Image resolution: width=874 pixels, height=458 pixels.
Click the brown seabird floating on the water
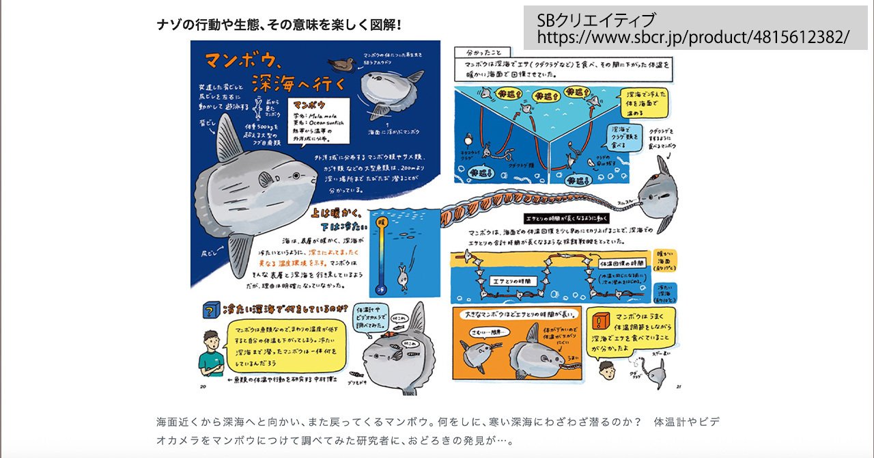tap(339, 64)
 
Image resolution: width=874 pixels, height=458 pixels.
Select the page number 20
tap(203, 387)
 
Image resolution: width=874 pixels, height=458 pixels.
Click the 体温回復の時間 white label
tap(623, 262)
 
